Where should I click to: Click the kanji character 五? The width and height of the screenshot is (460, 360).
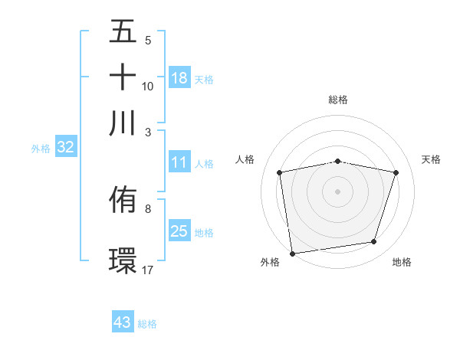123,32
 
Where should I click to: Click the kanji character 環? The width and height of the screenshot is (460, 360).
123,259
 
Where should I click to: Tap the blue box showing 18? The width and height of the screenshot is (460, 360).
179,77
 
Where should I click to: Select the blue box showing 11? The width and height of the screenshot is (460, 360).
179,162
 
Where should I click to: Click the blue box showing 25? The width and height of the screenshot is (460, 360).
179,231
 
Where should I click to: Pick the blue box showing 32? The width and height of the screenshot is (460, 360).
65,148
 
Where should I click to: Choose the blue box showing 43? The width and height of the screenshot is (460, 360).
123,322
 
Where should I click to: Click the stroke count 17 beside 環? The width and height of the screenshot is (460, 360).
148,270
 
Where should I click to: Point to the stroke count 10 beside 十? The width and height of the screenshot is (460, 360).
148,86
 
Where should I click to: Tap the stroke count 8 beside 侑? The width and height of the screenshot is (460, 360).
148,208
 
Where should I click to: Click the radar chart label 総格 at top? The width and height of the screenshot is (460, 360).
337,100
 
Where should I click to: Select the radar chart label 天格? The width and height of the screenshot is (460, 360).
431,159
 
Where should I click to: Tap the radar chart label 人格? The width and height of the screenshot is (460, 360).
245,159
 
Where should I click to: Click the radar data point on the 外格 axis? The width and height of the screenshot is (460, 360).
292,253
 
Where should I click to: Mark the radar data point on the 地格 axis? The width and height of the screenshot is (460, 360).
374,242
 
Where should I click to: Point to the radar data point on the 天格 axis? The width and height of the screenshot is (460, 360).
396,172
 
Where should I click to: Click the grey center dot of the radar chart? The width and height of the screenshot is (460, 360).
337,191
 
